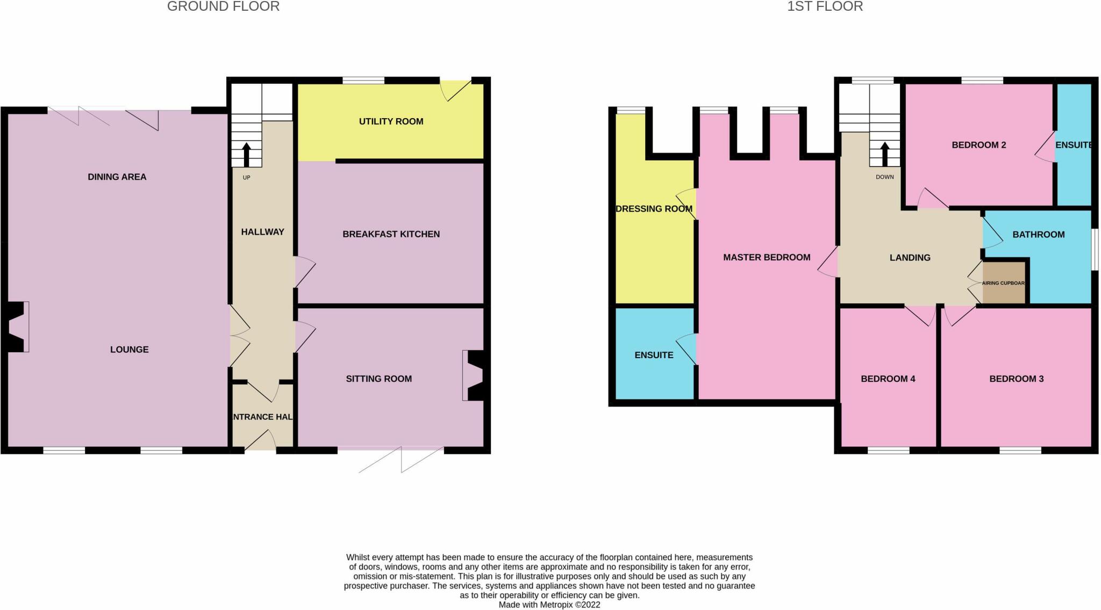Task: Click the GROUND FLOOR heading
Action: pyautogui.click(x=223, y=6)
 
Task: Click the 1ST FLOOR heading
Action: pyautogui.click(x=825, y=6)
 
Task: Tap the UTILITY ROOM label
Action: pyautogui.click(x=391, y=121)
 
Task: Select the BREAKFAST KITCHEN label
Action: pyautogui.click(x=391, y=234)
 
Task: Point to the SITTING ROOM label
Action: pyautogui.click(x=378, y=379)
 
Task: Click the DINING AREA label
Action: pyautogui.click(x=117, y=177)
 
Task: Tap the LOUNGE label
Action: pyautogui.click(x=129, y=350)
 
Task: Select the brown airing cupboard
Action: pyautogui.click(x=1004, y=283)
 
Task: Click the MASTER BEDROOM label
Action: pyautogui.click(x=767, y=258)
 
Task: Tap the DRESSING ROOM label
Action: pyautogui.click(x=654, y=209)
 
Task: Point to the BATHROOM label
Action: pyautogui.click(x=1038, y=235)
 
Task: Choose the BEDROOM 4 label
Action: pyautogui.click(x=888, y=379)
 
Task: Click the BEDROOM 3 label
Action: pyautogui.click(x=1016, y=379)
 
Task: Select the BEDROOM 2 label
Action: pyautogui.click(x=978, y=145)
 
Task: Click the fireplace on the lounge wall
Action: pyautogui.click(x=17, y=327)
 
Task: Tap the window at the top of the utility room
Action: pyautogui.click(x=363, y=81)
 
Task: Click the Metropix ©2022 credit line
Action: pyautogui.click(x=549, y=605)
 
